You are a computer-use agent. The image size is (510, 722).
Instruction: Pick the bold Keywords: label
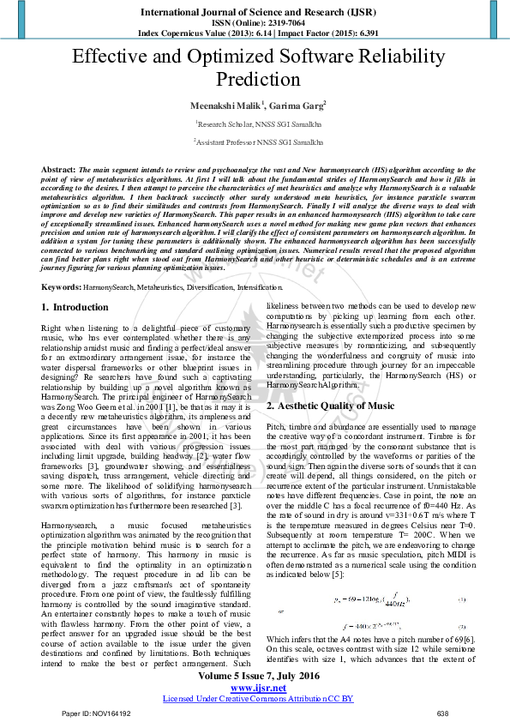tap(62, 286)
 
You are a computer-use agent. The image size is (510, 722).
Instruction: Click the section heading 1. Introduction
tap(75, 306)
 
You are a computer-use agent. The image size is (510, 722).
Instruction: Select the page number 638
tap(442, 713)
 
